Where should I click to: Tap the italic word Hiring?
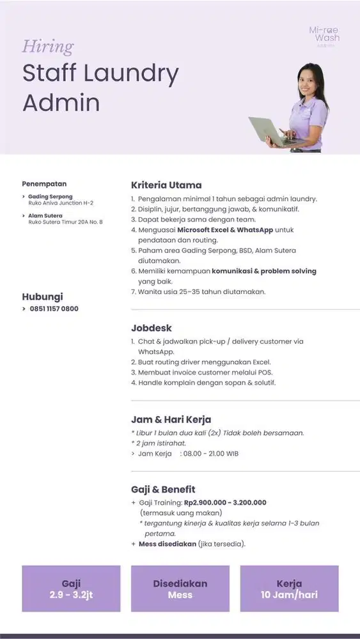click(48, 47)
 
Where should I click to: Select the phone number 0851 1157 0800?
click(54, 309)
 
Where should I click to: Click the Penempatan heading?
click(44, 184)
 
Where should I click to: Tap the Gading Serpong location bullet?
click(51, 196)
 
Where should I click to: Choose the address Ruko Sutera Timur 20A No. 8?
click(65, 222)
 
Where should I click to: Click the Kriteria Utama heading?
click(166, 185)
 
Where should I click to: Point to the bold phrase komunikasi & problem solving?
click(264, 271)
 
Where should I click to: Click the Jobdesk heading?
click(152, 328)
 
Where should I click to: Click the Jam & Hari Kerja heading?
click(171, 420)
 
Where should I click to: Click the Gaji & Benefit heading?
click(163, 489)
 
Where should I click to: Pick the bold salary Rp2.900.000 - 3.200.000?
click(224, 502)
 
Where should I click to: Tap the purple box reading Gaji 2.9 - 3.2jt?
click(71, 589)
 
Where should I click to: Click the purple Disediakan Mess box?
click(180, 589)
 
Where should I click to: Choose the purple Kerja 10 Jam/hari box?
click(289, 589)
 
